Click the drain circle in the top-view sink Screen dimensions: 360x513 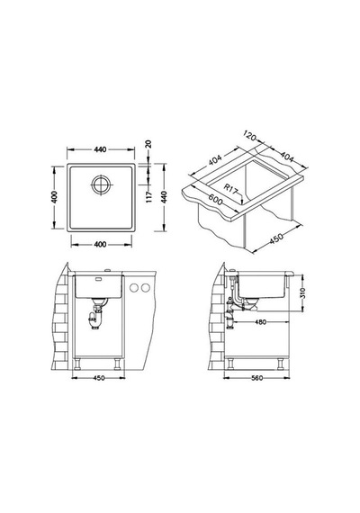click(101, 184)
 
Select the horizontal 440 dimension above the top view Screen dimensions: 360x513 click(100, 149)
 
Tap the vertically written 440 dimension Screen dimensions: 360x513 click(164, 197)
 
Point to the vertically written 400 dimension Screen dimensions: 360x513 click(55, 196)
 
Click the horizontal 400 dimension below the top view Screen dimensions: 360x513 click(100, 245)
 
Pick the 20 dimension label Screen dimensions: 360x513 click(148, 144)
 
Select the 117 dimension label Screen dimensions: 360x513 click(149, 196)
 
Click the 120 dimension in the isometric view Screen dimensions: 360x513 click(249, 135)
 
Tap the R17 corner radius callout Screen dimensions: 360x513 click(230, 189)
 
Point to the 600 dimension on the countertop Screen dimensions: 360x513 click(216, 200)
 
